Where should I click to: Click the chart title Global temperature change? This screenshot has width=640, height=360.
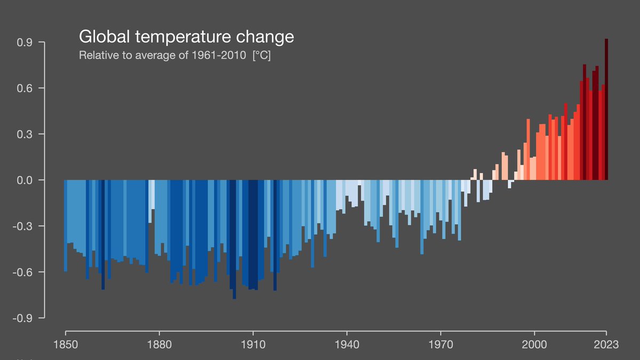point(186,37)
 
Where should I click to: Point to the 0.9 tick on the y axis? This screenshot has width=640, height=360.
point(25,42)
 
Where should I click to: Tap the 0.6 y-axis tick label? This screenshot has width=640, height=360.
point(25,88)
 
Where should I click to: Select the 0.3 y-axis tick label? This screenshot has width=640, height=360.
point(25,134)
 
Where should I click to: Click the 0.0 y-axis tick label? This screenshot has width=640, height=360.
point(25,180)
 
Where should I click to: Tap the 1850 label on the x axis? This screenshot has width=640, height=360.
point(66,344)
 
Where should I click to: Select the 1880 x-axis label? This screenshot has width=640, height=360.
point(159,344)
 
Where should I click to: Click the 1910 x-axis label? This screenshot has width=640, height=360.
point(253,344)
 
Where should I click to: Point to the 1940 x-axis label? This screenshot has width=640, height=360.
point(347,344)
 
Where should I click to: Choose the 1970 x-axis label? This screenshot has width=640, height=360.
point(441,344)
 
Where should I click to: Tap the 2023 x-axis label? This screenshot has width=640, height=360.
point(606,344)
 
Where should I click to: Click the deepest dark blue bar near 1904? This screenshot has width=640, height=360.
point(234,240)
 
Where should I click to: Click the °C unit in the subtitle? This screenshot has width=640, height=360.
point(261,55)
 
